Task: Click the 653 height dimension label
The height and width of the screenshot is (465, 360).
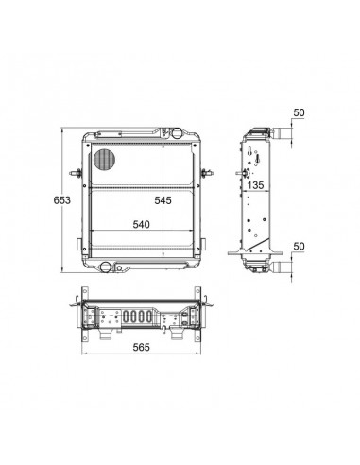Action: click(x=62, y=200)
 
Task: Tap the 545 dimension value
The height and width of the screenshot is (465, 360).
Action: click(x=163, y=200)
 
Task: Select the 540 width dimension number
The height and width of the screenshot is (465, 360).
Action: click(x=141, y=224)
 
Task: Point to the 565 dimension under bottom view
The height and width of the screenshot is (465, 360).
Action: click(x=141, y=347)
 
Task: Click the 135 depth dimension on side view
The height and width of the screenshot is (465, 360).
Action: click(x=255, y=185)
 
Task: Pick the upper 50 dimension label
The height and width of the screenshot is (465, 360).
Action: click(x=299, y=112)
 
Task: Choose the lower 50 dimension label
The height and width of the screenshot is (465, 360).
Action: click(x=299, y=246)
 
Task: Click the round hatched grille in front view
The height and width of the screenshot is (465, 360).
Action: click(x=104, y=159)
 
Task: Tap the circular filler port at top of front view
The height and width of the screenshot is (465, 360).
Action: click(x=177, y=133)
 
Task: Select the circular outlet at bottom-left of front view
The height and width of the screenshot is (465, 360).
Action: click(x=105, y=267)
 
